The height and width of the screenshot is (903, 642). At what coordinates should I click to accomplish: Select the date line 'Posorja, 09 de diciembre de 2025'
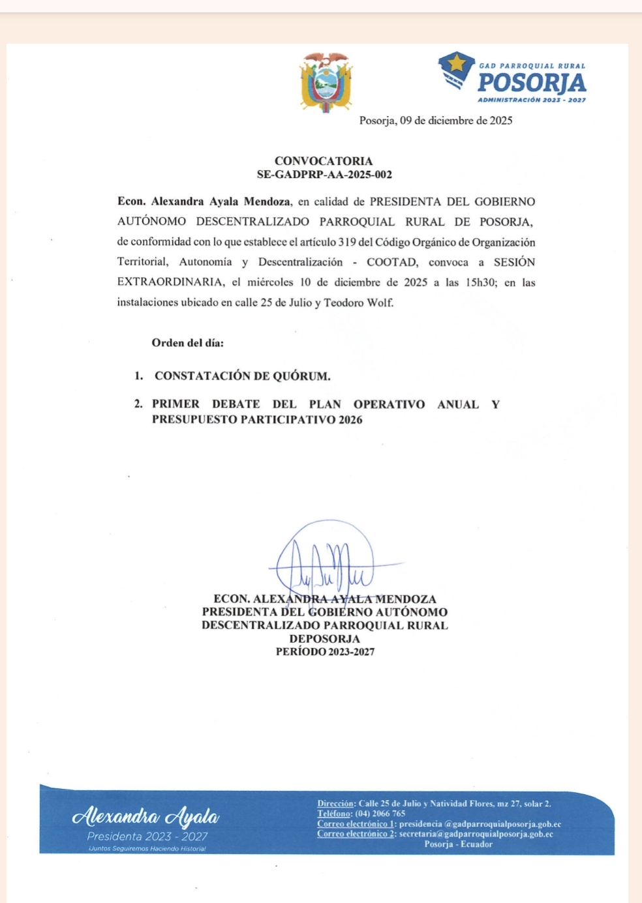[436, 121]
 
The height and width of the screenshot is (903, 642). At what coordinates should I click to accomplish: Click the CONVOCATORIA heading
[324, 161]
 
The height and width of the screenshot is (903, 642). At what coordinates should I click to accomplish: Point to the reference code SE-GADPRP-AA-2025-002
[324, 175]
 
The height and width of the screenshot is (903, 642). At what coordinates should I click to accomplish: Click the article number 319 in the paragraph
[346, 243]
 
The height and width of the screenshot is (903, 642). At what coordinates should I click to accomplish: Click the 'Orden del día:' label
[187, 343]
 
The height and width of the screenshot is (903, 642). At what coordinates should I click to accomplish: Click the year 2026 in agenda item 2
[350, 420]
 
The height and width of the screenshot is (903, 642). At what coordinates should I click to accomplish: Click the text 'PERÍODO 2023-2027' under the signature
[325, 652]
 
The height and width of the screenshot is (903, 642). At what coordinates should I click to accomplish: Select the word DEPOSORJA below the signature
[325, 639]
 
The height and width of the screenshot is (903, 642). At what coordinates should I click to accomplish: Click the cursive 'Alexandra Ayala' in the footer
[146, 816]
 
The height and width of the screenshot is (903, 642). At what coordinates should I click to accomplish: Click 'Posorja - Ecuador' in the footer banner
[458, 844]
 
